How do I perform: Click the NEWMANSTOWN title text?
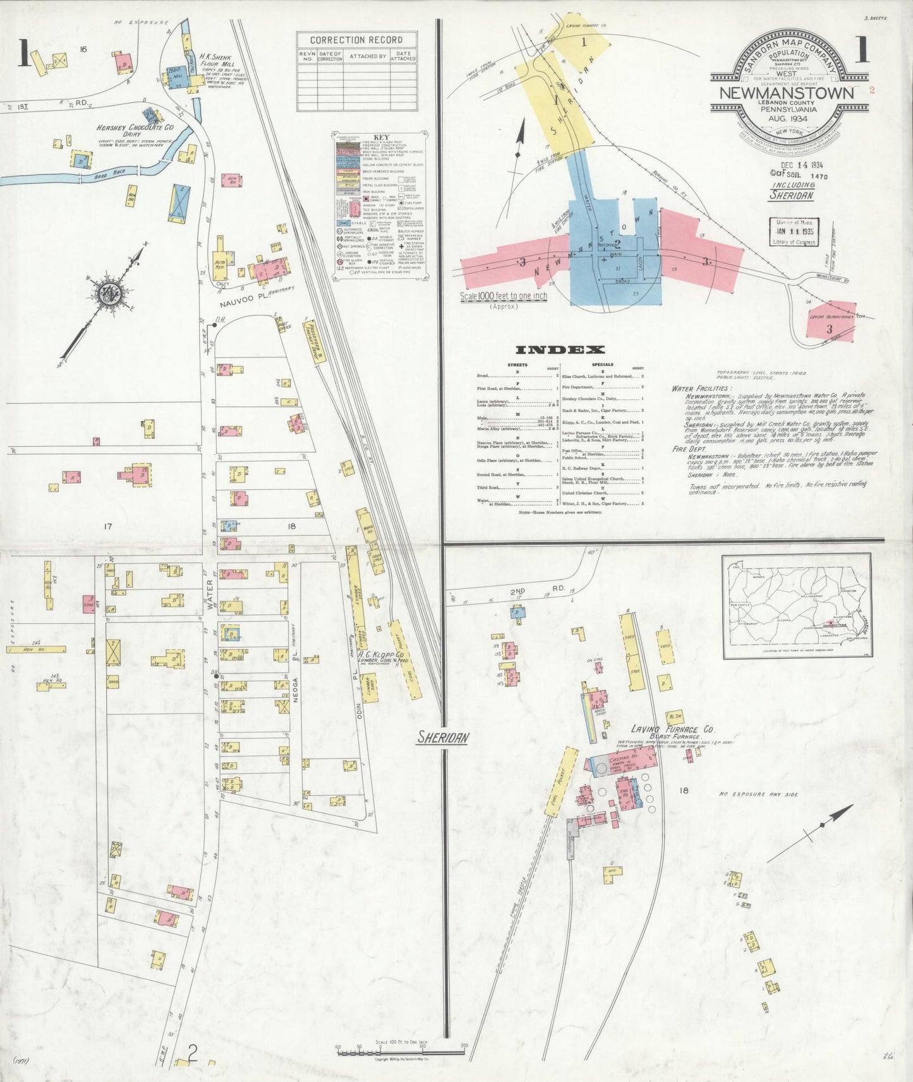(787, 93)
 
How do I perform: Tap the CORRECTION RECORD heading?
(357, 40)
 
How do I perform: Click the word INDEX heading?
(560, 350)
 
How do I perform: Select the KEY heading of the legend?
(381, 137)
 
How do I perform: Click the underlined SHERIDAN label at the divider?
(443, 737)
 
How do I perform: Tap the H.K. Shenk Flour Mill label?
(215, 61)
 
